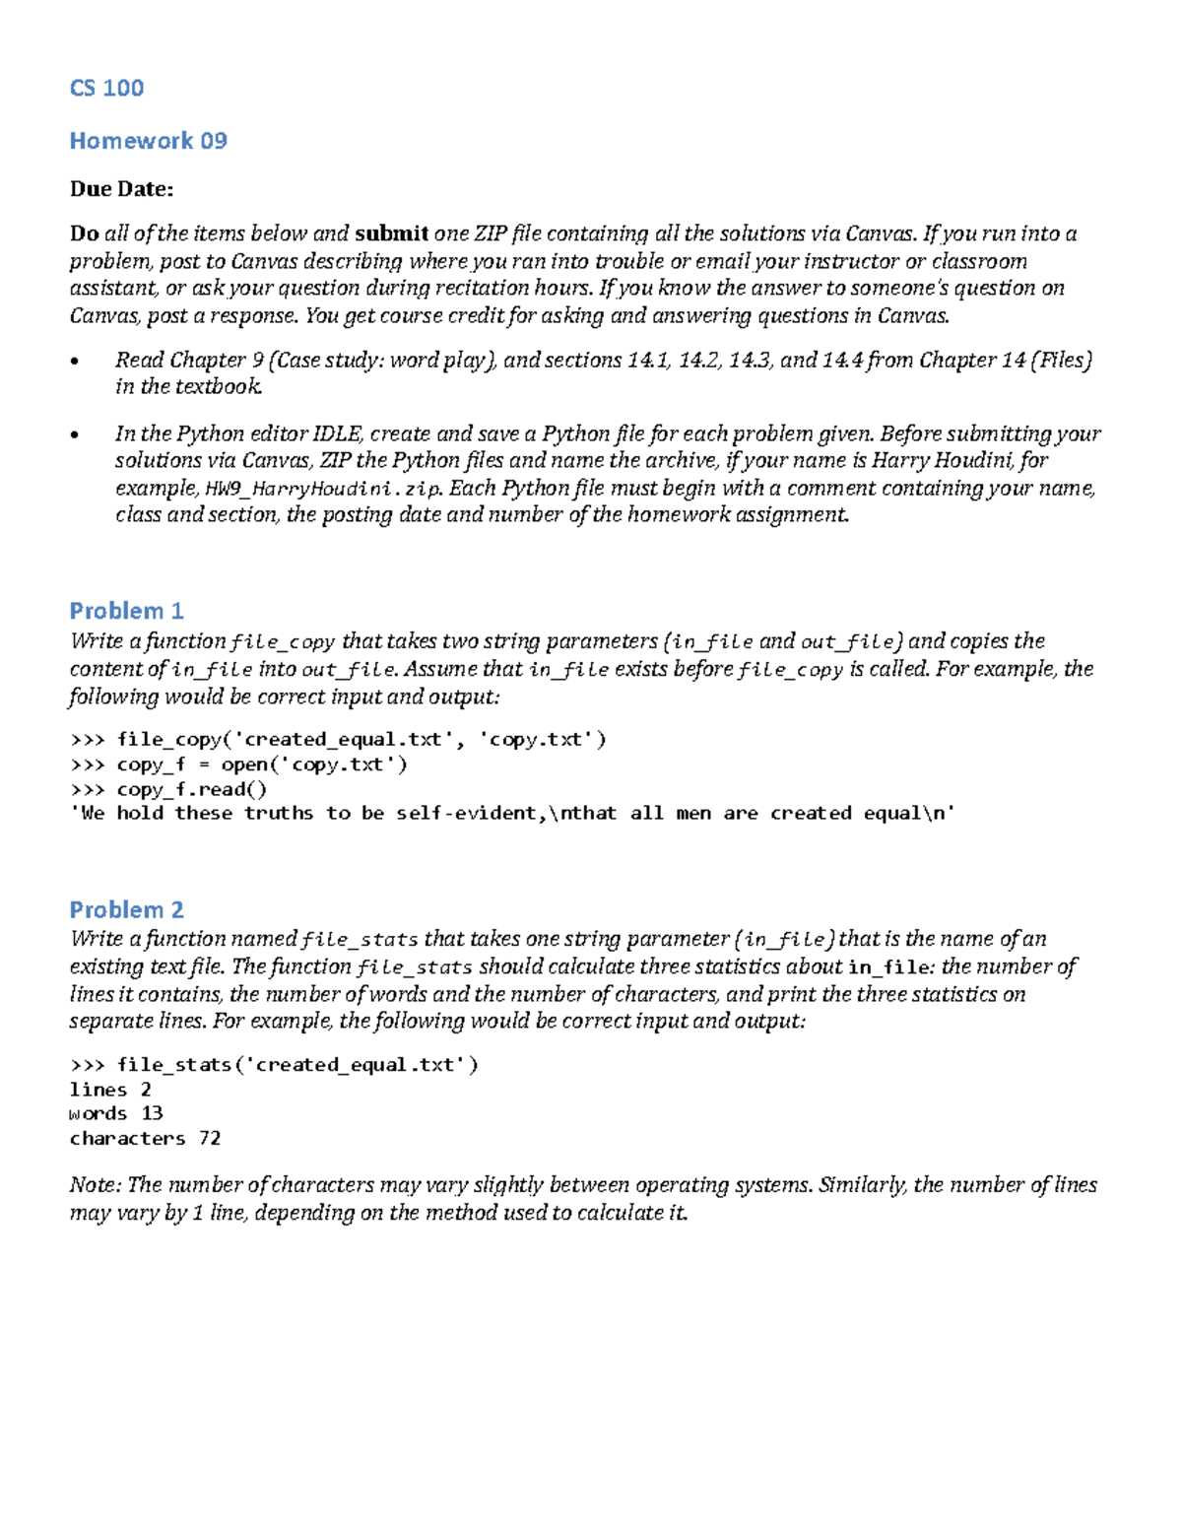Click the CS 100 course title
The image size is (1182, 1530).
coord(106,88)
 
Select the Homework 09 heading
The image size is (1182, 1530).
coord(148,141)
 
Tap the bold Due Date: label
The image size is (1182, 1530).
coord(121,188)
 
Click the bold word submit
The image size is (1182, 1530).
coord(391,233)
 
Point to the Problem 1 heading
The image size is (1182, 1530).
coord(126,611)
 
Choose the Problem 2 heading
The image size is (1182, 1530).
coord(126,909)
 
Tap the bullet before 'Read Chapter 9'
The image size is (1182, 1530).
coord(76,362)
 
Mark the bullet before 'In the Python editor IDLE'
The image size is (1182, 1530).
coord(76,435)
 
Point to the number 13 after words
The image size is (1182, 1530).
coord(152,1113)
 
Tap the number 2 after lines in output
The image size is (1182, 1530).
coord(146,1090)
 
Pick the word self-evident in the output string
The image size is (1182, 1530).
coord(467,813)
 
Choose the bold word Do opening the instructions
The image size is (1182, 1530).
coord(84,233)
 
